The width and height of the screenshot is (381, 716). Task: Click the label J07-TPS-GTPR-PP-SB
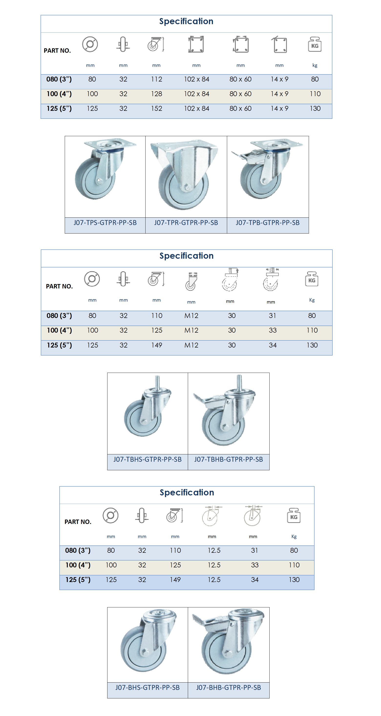coord(105,223)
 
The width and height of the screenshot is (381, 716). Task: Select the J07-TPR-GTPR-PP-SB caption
coord(186,223)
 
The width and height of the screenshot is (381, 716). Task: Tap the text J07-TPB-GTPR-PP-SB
coord(267,223)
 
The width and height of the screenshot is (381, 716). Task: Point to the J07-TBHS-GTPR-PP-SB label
coord(148,460)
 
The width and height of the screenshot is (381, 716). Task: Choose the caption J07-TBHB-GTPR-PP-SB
coord(228,460)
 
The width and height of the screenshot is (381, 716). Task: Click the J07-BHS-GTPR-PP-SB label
coord(148,688)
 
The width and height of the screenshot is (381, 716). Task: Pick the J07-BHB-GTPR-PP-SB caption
coord(228,688)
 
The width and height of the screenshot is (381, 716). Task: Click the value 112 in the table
coord(157,79)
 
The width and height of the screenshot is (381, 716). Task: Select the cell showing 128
coord(157,94)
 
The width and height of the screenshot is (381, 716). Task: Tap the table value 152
coord(157,109)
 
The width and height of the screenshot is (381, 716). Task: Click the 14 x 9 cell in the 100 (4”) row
coord(279,94)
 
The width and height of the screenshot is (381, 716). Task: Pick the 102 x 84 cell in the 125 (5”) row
coord(197,109)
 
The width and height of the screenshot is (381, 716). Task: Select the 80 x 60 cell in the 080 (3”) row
coord(241,79)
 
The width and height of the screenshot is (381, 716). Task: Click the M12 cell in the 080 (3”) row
coord(191,316)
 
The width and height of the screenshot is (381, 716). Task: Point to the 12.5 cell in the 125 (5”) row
coord(214,580)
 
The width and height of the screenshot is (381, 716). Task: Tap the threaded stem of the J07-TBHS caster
coord(157,382)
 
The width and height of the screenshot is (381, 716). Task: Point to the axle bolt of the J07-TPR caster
coord(188,189)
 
